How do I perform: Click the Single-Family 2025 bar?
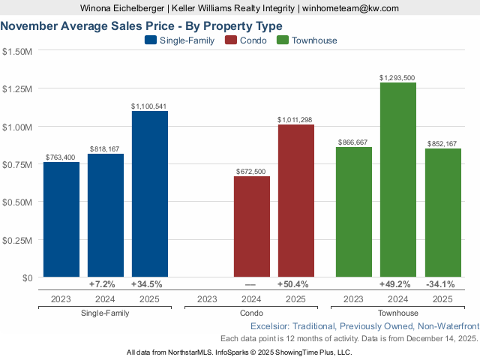[x=150, y=194]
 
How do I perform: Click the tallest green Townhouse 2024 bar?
[x=398, y=180]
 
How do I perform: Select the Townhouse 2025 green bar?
[x=442, y=213]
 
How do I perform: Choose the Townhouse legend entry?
[x=307, y=40]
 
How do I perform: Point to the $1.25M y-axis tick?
[x=17, y=89]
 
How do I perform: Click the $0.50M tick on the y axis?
[x=17, y=202]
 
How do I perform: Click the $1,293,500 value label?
[x=397, y=77]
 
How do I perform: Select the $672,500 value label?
[x=251, y=172]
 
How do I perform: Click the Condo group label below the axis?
[x=251, y=313]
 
